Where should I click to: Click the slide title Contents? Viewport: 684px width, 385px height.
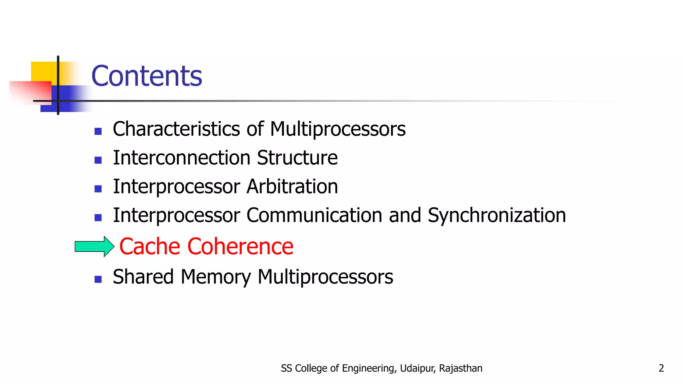pyautogui.click(x=147, y=76)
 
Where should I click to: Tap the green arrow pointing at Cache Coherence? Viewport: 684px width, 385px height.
pyautogui.click(x=95, y=247)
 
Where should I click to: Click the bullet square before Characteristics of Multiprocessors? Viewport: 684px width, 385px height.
pyautogui.click(x=98, y=131)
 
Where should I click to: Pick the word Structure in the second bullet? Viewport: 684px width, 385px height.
pyautogui.click(x=297, y=158)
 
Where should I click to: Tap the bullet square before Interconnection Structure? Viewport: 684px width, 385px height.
pyautogui.click(x=98, y=160)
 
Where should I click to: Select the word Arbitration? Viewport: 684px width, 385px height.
pyautogui.click(x=292, y=186)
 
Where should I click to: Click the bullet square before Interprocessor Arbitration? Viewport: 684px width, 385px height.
pyautogui.click(x=98, y=189)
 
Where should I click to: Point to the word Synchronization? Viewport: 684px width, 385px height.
pyautogui.click(x=497, y=215)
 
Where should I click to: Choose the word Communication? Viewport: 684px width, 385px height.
pyautogui.click(x=314, y=215)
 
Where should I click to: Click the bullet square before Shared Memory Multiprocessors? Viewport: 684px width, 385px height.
pyautogui.click(x=98, y=279)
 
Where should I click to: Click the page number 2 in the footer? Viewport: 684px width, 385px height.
pyautogui.click(x=661, y=368)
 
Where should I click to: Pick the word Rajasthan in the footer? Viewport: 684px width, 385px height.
pyautogui.click(x=461, y=368)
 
